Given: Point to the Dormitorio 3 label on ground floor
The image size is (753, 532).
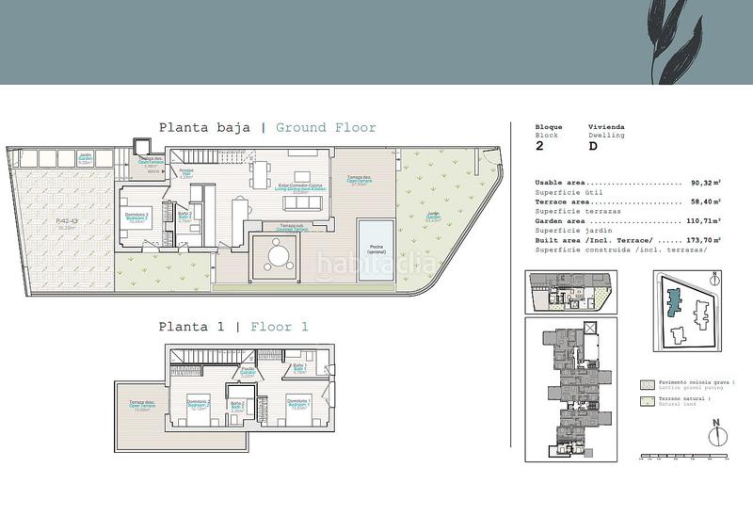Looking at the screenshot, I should click(x=137, y=216).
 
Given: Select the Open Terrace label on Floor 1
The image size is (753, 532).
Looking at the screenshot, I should click(x=143, y=406).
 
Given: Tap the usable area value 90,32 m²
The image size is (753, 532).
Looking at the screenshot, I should click(x=705, y=183).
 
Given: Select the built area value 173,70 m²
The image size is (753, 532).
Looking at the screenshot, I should click(x=703, y=242).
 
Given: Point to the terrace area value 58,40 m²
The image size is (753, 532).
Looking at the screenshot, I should click(x=705, y=201).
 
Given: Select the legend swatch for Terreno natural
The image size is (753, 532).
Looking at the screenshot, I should click(x=646, y=402).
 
